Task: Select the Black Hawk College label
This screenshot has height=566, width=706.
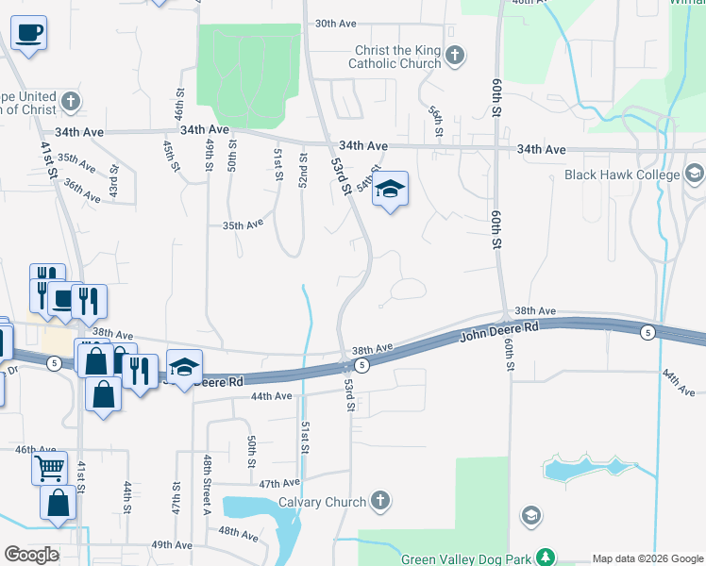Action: click(622, 175)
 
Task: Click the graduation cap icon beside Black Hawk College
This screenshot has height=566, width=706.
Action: click(695, 175)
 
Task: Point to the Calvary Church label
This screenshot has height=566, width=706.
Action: click(319, 502)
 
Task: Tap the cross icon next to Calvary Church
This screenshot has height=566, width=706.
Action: click(379, 501)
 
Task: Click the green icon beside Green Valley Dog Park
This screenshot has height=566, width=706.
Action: click(544, 558)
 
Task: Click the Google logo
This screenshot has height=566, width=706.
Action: click(30, 555)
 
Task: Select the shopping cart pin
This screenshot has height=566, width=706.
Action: click(49, 466)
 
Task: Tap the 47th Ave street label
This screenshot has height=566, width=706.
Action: click(279, 482)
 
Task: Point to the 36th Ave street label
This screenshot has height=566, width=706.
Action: click(82, 191)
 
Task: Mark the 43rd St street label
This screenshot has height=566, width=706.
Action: click(112, 180)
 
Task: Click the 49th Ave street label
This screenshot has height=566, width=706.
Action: click(171, 544)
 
